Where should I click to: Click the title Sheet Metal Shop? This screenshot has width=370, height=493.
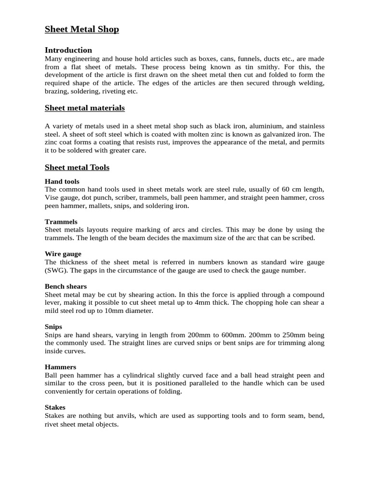82,29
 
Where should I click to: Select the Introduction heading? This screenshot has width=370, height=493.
68,50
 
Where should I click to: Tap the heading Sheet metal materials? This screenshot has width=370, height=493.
85,108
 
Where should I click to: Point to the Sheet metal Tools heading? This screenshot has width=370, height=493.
77,168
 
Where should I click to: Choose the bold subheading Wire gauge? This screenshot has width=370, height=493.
63,254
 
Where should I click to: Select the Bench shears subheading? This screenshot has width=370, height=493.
66,286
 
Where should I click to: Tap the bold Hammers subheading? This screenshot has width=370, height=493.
61,367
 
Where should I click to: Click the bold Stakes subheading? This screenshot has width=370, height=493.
55,407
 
